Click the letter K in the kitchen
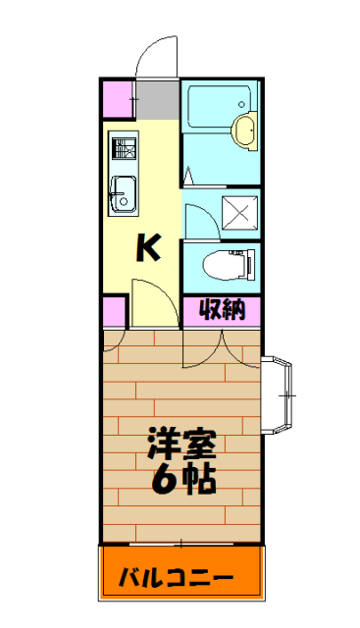(147, 249)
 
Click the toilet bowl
(221, 264)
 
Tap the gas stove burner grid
(124, 148)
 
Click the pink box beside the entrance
(119, 99)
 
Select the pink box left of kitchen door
(116, 312)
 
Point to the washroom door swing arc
(193, 218)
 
